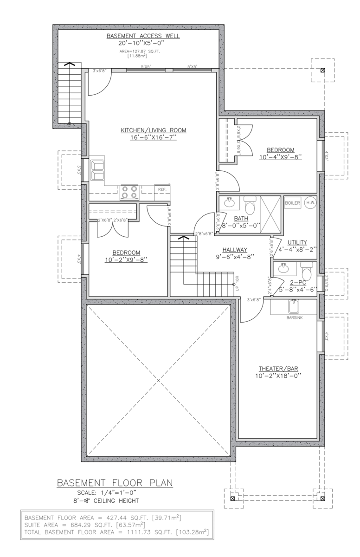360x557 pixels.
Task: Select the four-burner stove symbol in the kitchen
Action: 129,192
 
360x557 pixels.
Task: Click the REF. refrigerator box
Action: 162,190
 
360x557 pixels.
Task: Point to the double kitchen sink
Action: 98,170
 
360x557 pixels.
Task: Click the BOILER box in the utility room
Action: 292,203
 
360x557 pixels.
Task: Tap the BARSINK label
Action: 294,318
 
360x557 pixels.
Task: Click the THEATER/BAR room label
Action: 278,369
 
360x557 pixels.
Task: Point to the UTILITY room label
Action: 297,242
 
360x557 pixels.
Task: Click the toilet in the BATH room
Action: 250,204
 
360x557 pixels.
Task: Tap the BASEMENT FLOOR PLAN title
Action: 115,483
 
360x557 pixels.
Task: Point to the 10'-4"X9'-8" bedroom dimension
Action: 280,157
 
